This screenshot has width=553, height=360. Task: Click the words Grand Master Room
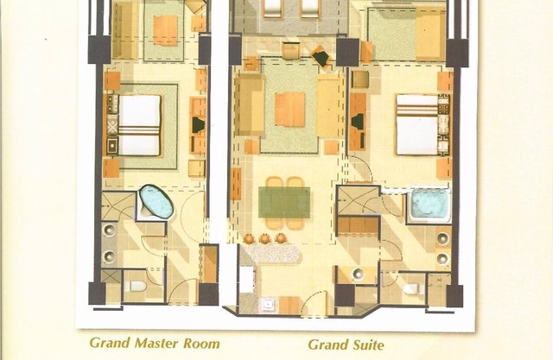155,344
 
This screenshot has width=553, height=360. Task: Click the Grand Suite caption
346,344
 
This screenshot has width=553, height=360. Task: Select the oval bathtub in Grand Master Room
156,201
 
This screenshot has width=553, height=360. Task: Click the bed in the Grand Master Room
139,124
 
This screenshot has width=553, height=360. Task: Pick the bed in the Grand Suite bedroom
416,123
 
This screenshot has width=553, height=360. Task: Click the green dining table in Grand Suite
284,202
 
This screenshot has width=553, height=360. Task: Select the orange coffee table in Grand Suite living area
289,109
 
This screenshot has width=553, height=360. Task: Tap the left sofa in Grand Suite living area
249,104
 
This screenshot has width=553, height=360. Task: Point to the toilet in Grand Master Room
136,286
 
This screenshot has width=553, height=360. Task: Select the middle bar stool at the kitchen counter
264,237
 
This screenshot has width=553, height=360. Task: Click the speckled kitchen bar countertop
272,253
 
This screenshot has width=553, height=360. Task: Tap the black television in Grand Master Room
198,124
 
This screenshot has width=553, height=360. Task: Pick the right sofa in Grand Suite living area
328,106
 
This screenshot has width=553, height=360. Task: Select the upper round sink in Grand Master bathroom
111,231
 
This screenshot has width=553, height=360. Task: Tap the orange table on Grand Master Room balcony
165,29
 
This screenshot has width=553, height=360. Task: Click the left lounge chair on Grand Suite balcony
271,8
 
